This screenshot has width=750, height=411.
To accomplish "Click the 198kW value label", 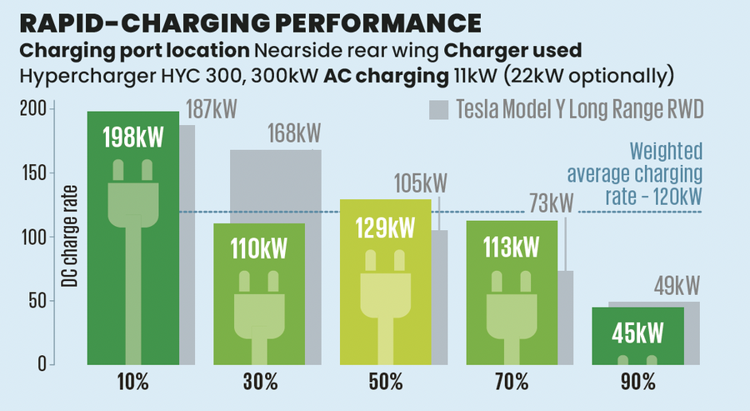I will pyautogui.click(x=133, y=138).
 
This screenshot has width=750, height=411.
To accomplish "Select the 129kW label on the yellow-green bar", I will pyautogui.click(x=385, y=228).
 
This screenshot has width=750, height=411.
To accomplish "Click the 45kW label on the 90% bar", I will pyautogui.click(x=637, y=334).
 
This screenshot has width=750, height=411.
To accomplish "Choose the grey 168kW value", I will pyautogui.click(x=293, y=133).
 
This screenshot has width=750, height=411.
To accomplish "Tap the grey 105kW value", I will pyautogui.click(x=421, y=183).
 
